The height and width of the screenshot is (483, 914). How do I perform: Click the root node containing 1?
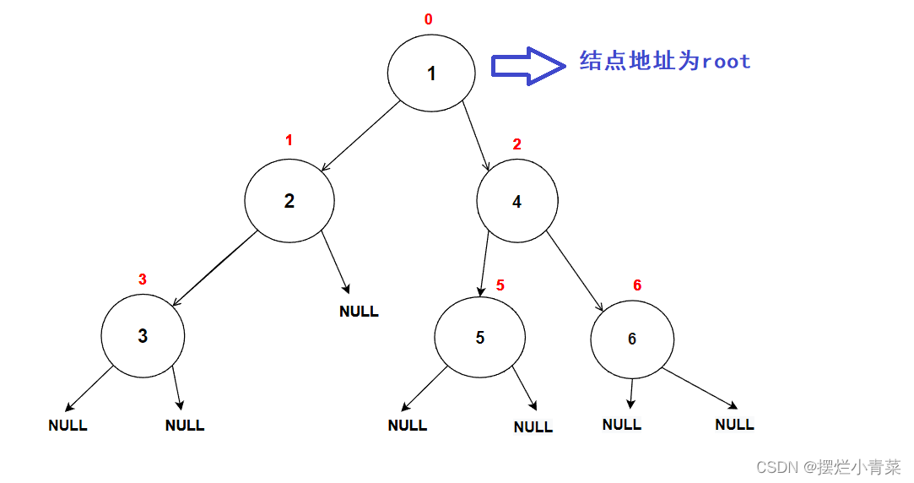(430, 73)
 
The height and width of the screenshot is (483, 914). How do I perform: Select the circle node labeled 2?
(289, 201)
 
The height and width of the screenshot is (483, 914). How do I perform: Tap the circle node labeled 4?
(516, 202)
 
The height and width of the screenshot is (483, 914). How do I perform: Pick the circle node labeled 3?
(143, 335)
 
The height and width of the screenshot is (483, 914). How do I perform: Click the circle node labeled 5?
(479, 338)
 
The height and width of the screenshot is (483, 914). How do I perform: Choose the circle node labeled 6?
(632, 339)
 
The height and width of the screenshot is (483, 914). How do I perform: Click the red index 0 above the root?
(429, 19)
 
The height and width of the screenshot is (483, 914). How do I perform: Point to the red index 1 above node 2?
(289, 140)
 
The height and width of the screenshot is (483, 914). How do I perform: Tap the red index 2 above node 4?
(517, 144)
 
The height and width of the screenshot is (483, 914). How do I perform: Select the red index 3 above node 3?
(142, 279)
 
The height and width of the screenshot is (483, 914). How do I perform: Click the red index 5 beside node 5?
(500, 285)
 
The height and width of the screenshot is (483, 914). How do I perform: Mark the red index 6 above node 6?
(637, 285)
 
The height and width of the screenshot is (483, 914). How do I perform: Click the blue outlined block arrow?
(528, 65)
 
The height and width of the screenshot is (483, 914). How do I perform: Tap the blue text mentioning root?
(665, 61)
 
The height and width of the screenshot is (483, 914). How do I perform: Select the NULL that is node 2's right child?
(359, 312)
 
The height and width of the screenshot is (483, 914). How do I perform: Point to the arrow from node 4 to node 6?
(575, 270)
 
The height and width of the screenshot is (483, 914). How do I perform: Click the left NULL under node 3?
(68, 426)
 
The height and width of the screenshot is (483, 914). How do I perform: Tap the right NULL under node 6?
(734, 425)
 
